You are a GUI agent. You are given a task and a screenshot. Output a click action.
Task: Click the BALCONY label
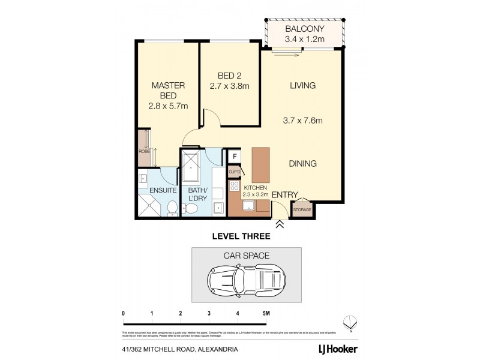tap(304, 29)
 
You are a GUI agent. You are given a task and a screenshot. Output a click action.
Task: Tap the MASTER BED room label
tap(168, 91)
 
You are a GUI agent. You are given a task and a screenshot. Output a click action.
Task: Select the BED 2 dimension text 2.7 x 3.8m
tap(229, 86)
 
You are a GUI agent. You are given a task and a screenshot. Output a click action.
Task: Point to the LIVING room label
tap(302, 86)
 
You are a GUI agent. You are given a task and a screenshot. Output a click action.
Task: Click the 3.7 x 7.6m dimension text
tap(302, 120)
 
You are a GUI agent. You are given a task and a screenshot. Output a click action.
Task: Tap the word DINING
tap(302, 163)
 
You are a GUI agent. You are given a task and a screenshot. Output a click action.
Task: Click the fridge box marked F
tap(235, 157)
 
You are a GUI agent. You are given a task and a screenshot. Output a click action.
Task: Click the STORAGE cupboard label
tap(302, 209)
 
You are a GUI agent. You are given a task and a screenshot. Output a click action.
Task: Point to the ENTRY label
tap(285, 195)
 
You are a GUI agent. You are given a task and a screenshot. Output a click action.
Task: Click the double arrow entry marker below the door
tap(280, 225)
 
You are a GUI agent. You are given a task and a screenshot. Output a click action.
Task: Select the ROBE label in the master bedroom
tap(144, 152)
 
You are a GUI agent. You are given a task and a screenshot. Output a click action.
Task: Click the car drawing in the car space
tap(246, 279)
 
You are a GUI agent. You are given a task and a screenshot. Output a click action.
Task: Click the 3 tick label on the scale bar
tap(209, 314)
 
